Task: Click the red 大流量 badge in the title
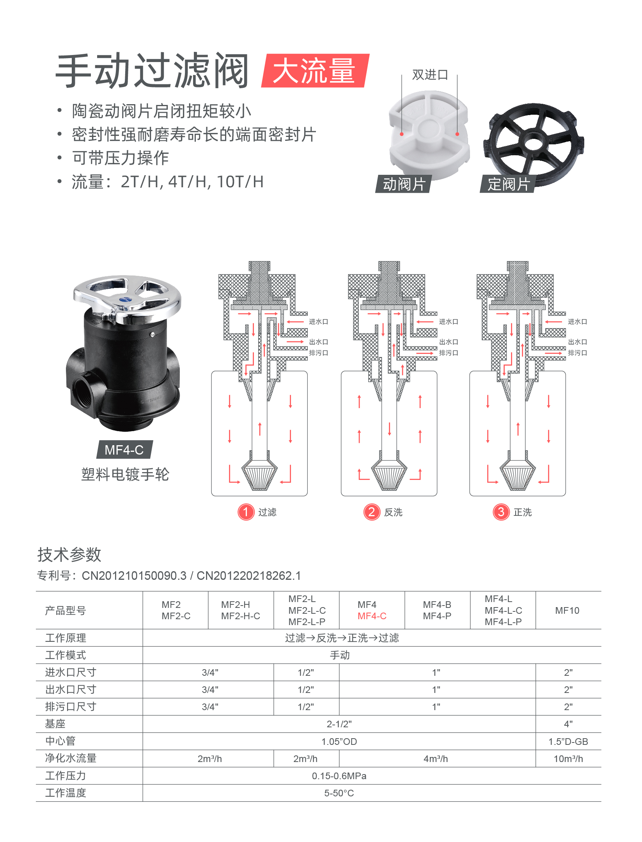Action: [315, 71]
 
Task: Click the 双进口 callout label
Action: [430, 75]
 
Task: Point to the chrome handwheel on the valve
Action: [127, 298]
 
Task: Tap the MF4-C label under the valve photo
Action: [124, 450]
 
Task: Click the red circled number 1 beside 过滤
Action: [246, 512]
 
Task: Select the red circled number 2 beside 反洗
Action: [372, 512]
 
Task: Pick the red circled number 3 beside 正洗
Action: [501, 512]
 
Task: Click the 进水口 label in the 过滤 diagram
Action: [319, 322]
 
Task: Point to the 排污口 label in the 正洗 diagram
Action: [577, 353]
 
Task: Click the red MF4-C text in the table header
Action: [372, 616]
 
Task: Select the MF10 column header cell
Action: [568, 610]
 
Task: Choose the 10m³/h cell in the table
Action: [568, 759]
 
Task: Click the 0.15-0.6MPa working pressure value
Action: [339, 776]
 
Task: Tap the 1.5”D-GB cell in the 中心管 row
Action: [568, 741]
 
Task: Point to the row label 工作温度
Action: [66, 793]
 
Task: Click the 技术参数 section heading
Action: [69, 554]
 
